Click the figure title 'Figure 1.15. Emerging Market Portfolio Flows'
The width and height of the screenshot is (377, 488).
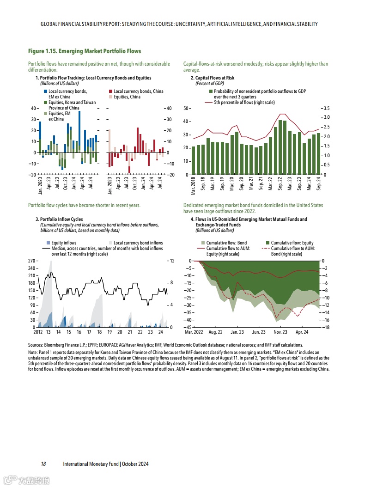85,51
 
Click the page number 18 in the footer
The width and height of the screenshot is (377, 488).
43,464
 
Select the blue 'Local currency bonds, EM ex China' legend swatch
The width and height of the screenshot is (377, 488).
45,91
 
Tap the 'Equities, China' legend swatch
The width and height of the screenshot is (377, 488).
110,97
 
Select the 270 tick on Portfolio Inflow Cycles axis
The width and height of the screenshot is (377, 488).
32,261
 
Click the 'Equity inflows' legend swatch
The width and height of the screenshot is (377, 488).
48,243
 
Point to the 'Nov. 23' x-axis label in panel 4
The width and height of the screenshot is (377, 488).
280,332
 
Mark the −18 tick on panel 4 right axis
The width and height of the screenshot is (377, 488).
325,327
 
